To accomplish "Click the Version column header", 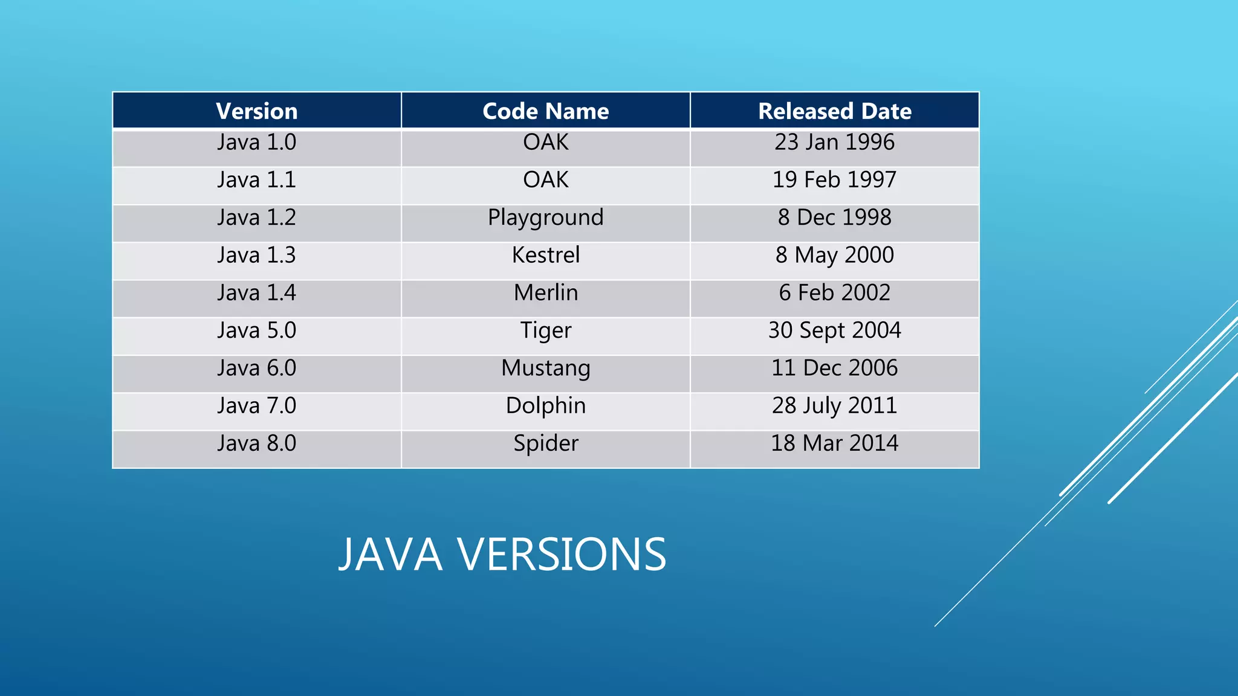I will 256,111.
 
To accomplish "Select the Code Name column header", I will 545,111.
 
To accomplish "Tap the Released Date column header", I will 834,111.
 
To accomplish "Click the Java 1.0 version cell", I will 256,143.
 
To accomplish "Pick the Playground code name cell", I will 545,217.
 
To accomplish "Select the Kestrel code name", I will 545,255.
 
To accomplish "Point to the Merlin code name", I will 545,293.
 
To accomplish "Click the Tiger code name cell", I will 545,330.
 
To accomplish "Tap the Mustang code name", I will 545,368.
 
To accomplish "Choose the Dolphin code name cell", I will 545,405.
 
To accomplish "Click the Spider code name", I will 545,443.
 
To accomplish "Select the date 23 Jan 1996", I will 834,143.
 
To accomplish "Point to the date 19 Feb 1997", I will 834,180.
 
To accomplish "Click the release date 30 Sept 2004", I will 834,330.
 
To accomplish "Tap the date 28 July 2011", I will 834,405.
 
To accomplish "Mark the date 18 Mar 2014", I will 834,443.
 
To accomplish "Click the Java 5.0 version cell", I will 256,330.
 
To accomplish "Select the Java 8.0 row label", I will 256,443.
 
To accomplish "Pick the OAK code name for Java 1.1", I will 545,180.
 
